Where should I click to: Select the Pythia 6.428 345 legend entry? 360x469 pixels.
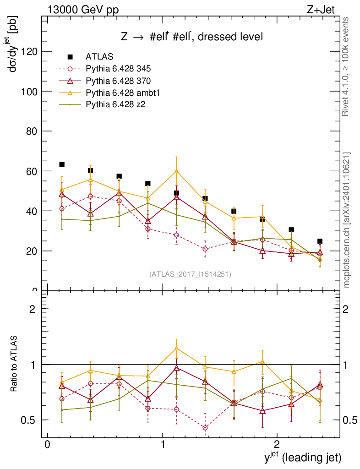(x=118, y=69)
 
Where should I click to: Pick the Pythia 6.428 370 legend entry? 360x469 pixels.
(x=118, y=81)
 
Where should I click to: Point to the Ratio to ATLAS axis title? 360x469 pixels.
(x=14, y=364)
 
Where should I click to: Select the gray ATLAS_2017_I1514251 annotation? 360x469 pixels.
(x=190, y=274)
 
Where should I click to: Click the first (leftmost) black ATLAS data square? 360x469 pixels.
(x=62, y=164)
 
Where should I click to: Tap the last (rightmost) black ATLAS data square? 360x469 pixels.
(x=320, y=241)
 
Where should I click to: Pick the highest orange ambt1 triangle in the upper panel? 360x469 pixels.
(x=176, y=171)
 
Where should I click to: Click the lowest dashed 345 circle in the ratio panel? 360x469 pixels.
(x=205, y=428)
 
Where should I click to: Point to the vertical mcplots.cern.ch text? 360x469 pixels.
(x=347, y=220)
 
